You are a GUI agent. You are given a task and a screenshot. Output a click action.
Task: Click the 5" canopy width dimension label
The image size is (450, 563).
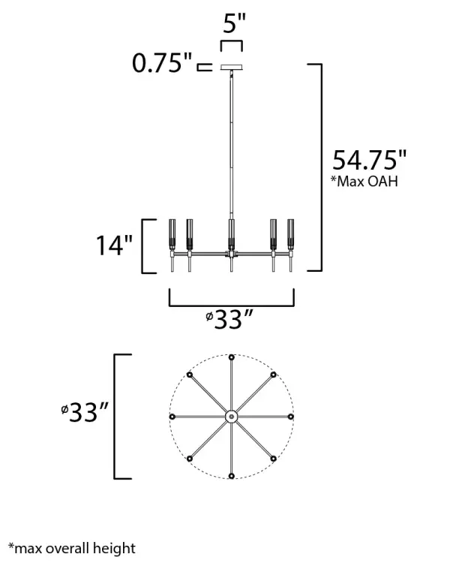coord(234,23)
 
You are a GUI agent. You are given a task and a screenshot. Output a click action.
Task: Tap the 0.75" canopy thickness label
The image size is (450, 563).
coord(162,64)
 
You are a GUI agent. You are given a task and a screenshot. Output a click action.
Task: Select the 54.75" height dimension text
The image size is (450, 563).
coord(369,161)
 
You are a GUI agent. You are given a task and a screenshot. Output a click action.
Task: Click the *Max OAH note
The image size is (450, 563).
coord(365,182)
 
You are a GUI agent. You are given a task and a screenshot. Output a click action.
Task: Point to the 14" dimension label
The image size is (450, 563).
coord(113,245)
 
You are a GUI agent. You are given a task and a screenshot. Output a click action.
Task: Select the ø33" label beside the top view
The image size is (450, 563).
coord(85,412)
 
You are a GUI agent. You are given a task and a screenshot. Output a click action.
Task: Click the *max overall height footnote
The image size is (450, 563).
coord(72,548)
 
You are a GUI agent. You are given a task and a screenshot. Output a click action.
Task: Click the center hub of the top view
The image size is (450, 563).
coord(232,416)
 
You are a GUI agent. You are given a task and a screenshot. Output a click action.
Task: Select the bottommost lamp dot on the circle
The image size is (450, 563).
coord(232,475)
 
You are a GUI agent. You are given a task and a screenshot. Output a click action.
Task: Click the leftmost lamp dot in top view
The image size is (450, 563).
coord(172,416)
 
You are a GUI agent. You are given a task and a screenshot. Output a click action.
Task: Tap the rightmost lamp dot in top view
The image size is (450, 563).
coord(291,416)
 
